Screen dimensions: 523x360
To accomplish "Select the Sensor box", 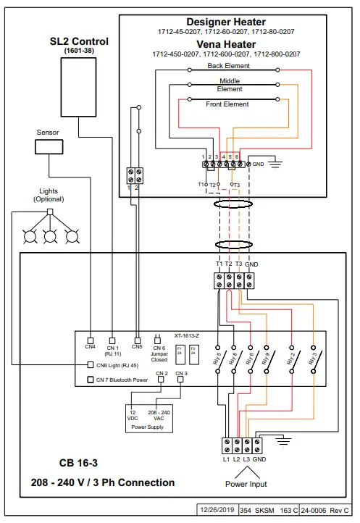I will (x=47, y=147).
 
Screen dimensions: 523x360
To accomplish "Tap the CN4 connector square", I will (x=90, y=339).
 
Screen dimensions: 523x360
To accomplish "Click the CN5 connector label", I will (x=137, y=347).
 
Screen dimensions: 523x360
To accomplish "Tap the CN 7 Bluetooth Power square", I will (x=91, y=379).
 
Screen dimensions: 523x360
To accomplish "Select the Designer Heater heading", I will (x=226, y=22).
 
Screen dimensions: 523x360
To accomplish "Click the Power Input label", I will (x=245, y=484).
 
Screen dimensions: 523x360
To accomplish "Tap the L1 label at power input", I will (x=225, y=459).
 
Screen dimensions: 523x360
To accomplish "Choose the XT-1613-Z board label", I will (x=186, y=336).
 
